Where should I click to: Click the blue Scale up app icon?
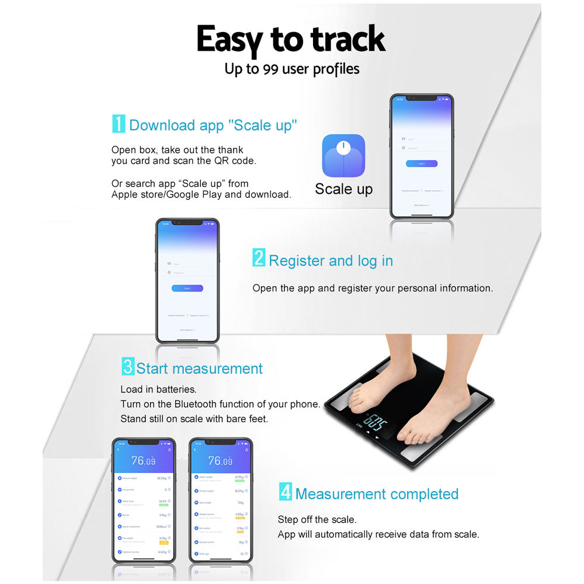tap(343, 155)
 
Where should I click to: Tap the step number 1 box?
tap(119, 124)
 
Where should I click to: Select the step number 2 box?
tap(259, 258)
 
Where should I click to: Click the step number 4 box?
tap(285, 492)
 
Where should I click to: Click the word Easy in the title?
tap(230, 40)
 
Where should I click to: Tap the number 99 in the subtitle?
tap(270, 69)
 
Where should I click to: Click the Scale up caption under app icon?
tap(343, 189)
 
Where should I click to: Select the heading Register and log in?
tap(331, 260)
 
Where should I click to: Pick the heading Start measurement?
tap(199, 369)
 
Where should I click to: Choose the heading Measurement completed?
tap(377, 494)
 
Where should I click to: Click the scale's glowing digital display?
tap(374, 422)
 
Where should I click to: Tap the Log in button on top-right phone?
tap(422, 164)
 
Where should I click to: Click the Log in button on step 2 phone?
tap(187, 288)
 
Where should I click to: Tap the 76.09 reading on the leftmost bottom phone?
tap(143, 461)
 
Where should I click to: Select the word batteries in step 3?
tap(176, 389)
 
